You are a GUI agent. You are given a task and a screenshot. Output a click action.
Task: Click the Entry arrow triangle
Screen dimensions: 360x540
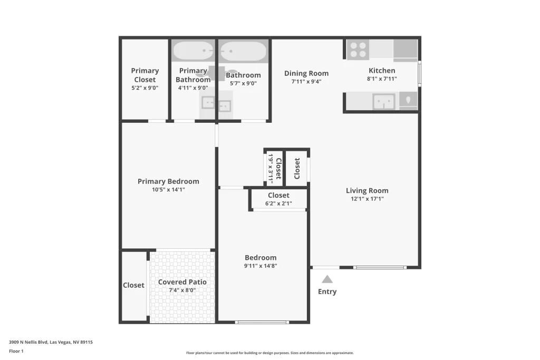point(327,279)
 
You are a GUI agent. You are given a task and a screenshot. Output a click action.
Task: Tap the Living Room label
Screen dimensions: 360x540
point(367,191)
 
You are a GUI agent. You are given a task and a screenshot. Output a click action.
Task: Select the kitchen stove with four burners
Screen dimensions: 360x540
point(358,50)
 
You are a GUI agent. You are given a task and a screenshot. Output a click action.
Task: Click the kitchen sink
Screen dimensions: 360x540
point(383,101)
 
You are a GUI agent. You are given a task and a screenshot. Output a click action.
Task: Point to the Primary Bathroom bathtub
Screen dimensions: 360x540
point(193,51)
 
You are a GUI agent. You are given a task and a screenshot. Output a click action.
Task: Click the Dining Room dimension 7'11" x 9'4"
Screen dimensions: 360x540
point(306,82)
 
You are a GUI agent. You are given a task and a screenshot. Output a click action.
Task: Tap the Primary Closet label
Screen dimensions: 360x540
point(144,75)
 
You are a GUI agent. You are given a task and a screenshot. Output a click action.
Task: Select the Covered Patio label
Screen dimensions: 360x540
point(182,282)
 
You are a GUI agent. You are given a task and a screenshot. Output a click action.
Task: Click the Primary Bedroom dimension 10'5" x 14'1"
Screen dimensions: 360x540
point(168,190)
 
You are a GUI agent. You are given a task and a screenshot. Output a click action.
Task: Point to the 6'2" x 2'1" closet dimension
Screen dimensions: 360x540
point(278,203)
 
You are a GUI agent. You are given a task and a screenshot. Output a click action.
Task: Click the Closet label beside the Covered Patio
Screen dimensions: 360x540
point(133,285)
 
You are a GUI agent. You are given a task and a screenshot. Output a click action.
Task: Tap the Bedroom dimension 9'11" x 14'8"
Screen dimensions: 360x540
point(261,266)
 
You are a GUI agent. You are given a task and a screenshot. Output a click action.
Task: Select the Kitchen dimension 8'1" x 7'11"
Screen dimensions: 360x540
point(382,79)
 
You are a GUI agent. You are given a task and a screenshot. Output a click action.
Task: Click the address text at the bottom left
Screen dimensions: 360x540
point(51,342)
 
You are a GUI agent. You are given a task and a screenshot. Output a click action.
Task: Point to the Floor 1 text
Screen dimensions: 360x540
point(16,351)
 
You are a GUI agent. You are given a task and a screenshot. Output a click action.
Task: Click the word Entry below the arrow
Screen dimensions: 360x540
point(327,291)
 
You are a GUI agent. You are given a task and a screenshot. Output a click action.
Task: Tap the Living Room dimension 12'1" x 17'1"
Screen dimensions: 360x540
point(367,199)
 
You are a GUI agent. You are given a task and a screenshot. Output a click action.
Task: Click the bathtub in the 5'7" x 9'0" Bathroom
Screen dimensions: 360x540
point(243,51)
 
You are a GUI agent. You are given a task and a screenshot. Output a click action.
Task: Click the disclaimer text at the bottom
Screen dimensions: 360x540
point(269,353)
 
